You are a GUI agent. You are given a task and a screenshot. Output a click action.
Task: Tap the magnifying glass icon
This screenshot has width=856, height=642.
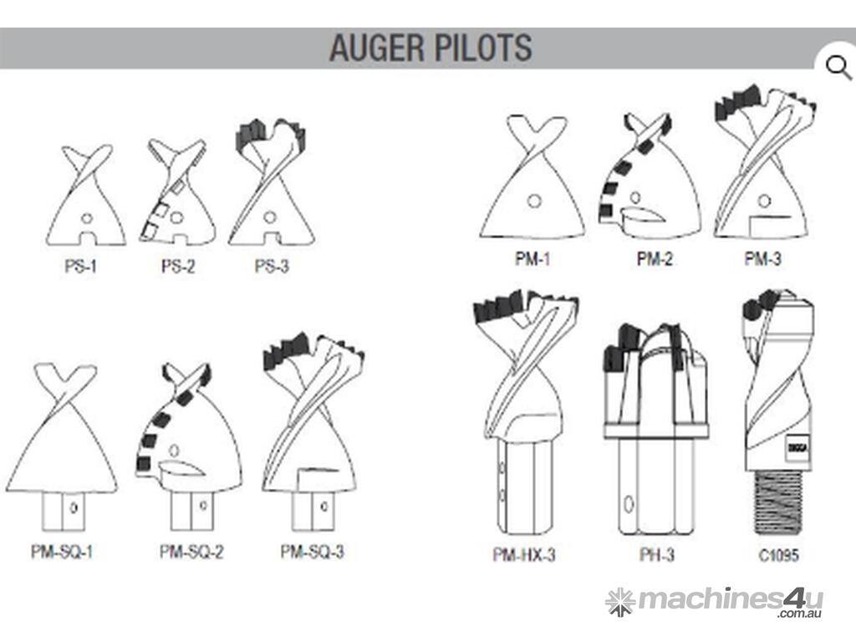coord(838,69)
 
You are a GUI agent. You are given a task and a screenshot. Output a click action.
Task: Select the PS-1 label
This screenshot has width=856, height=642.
coord(80,267)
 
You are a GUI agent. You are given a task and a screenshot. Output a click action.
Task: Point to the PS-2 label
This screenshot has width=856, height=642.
coord(177,267)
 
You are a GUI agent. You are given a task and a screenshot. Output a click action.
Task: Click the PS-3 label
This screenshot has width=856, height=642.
coord(272,267)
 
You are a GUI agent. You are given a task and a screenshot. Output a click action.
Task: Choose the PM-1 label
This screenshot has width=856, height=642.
coord(532,258)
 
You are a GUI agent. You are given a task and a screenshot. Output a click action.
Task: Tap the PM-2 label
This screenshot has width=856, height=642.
coord(654,258)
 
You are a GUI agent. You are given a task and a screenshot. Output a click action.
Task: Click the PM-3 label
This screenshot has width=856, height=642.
coord(762,258)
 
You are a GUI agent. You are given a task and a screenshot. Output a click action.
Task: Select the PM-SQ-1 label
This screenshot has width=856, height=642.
coord(62,552)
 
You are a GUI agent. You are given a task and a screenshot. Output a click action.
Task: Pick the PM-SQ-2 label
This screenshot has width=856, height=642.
coord(191,552)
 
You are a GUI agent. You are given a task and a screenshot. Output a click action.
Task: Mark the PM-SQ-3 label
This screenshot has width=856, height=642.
coord(313,552)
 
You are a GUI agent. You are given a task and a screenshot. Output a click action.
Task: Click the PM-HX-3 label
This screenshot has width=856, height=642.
coord(524,555)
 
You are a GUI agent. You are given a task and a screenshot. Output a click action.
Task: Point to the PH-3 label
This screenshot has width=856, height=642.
coord(657,555)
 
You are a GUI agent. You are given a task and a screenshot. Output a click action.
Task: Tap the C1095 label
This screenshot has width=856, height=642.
coord(778,555)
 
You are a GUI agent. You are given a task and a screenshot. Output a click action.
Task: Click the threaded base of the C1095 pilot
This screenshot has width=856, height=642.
coord(780,503)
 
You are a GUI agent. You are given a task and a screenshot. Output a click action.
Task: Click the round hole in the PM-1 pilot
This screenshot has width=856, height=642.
coord(534,201)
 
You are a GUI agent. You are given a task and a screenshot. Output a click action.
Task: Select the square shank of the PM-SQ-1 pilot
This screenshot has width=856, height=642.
coord(64,511)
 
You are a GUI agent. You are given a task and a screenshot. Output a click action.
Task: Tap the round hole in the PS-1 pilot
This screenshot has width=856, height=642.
coord(86,218)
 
